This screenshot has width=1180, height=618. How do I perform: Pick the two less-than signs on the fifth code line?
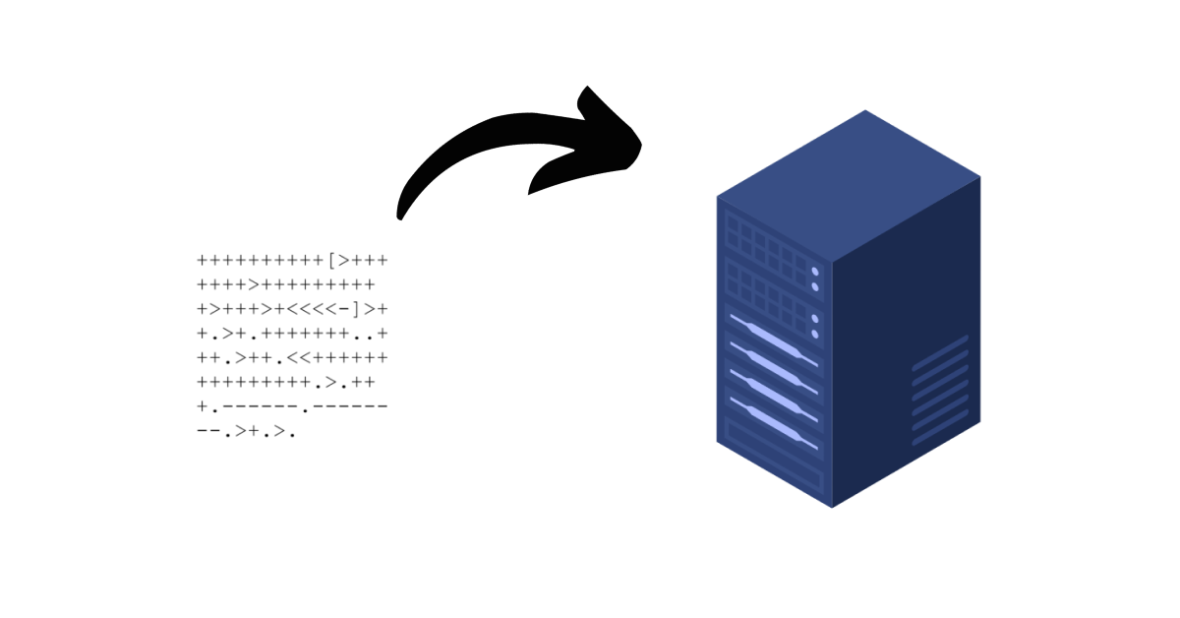(297, 357)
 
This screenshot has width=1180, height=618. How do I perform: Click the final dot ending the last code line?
(292, 431)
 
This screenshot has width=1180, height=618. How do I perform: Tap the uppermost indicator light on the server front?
(815, 272)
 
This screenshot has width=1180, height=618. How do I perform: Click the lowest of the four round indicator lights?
(815, 335)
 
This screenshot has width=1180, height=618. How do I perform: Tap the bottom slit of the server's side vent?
(940, 423)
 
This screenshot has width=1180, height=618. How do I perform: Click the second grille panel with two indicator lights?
(767, 295)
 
